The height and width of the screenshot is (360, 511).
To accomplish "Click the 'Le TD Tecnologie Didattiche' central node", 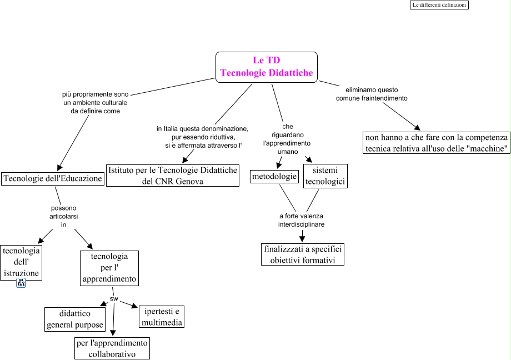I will coord(266,67).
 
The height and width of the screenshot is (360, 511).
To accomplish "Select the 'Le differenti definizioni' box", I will coord(439,5).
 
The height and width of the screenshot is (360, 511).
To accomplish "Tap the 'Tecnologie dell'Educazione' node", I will coord(53,178).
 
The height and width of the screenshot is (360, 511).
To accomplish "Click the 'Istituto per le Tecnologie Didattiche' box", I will coord(173,175).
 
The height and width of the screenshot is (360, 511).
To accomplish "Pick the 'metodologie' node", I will coord(274,177).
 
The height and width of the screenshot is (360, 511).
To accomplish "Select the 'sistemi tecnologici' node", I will coord(325,176).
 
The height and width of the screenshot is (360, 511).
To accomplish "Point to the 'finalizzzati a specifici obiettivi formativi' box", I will coord(303,254).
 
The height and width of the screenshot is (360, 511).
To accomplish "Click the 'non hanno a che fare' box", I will coord(437,143).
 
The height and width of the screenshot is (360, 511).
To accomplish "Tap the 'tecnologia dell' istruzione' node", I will coord(21,262).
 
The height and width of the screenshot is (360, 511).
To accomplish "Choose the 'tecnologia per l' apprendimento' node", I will coord(109,268).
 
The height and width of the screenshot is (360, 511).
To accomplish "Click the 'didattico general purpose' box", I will coord(75,319).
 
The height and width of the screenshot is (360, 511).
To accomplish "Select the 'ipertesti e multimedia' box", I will coord(162,316).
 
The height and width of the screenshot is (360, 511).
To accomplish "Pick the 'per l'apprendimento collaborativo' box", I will coord(112,348).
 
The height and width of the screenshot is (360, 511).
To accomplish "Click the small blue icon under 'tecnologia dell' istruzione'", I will coord(21,283).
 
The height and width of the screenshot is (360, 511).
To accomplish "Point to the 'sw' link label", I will coord(114,298).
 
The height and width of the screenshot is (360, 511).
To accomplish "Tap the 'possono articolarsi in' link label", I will coord(63,216).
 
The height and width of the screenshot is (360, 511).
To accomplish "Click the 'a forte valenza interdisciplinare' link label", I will coord(301,220).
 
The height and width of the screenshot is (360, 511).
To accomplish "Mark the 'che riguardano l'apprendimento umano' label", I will coord(287,139).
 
